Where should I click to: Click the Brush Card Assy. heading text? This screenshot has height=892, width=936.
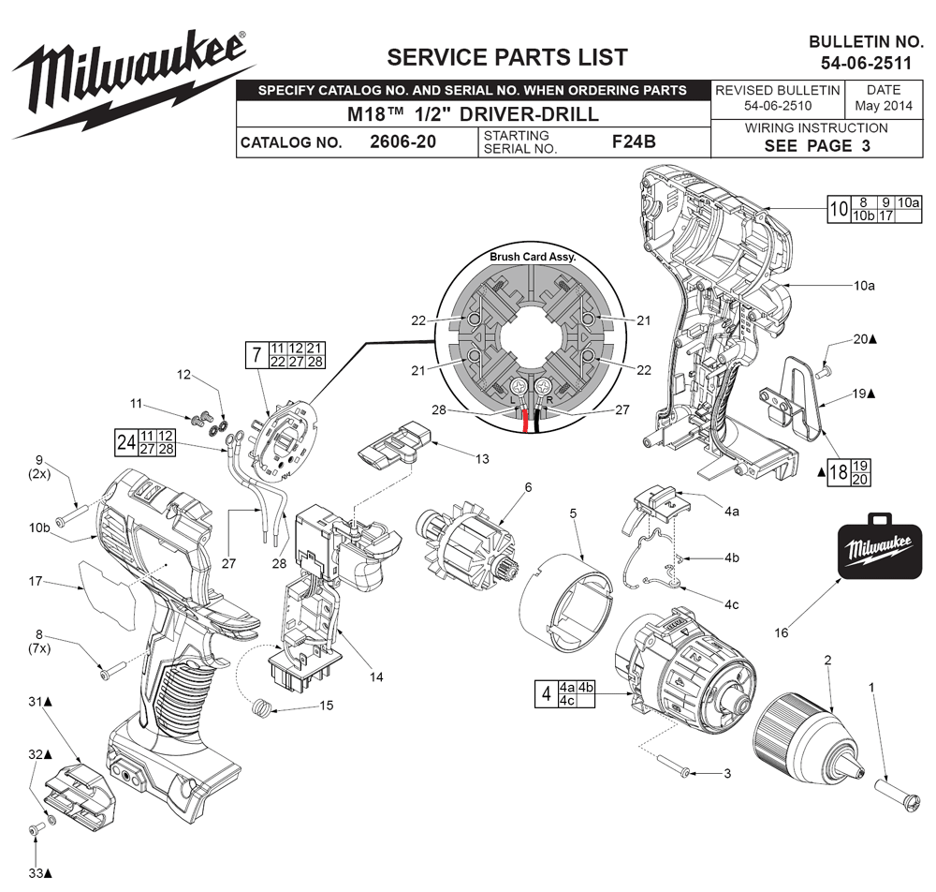click(x=533, y=256)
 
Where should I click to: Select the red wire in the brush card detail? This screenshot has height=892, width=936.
click(x=525, y=421)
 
